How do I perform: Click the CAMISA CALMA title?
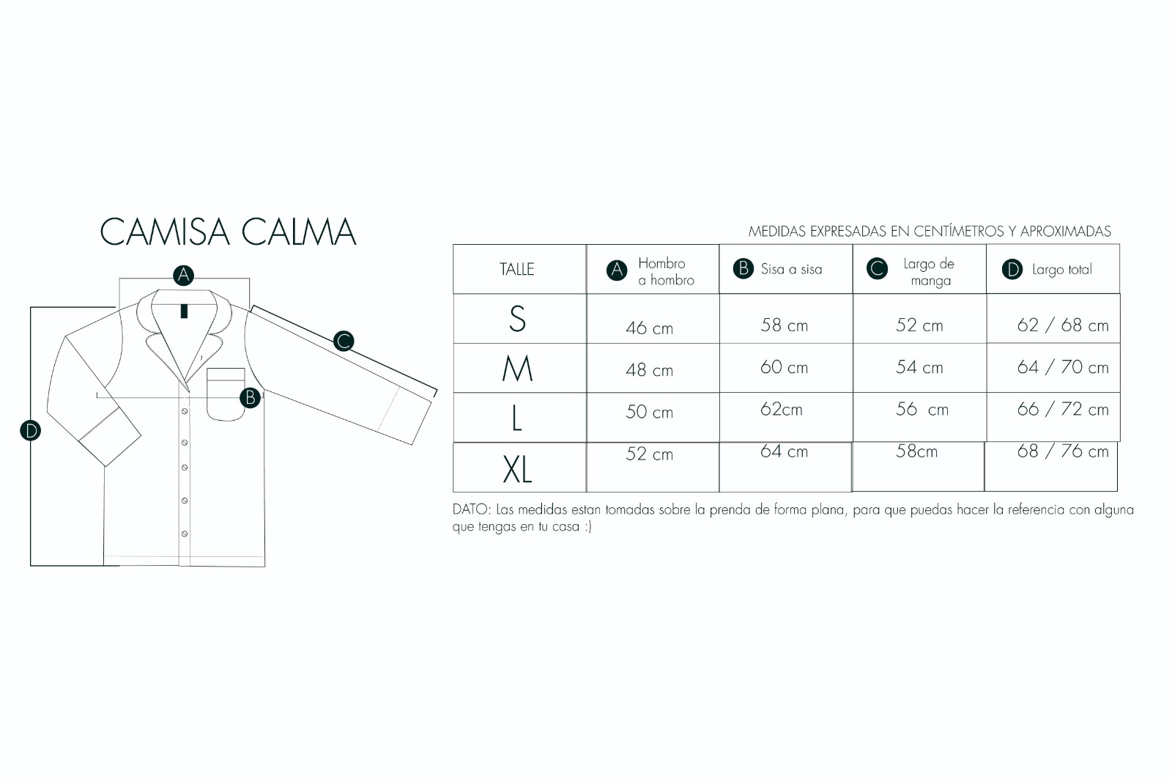[x=228, y=232]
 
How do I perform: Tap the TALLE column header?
[x=517, y=269]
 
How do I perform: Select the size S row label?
[x=517, y=318]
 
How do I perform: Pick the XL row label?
[x=517, y=469]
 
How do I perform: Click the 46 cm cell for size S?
[x=649, y=328]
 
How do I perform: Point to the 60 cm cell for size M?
[x=784, y=367]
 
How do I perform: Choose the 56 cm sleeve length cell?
[x=922, y=409]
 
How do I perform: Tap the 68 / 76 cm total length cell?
[x=1063, y=451]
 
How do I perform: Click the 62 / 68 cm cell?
[x=1063, y=325]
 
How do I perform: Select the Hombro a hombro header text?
[x=666, y=272]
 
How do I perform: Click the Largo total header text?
[x=1061, y=270]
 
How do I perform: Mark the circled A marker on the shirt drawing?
[x=184, y=276]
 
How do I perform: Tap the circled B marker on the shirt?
[x=250, y=398]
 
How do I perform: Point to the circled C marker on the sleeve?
[x=344, y=342]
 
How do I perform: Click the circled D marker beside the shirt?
[x=30, y=431]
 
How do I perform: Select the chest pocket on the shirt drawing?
[x=226, y=394]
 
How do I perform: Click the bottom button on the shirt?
[x=185, y=534]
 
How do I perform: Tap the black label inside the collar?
[x=184, y=311]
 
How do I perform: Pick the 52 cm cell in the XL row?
[x=649, y=454]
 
